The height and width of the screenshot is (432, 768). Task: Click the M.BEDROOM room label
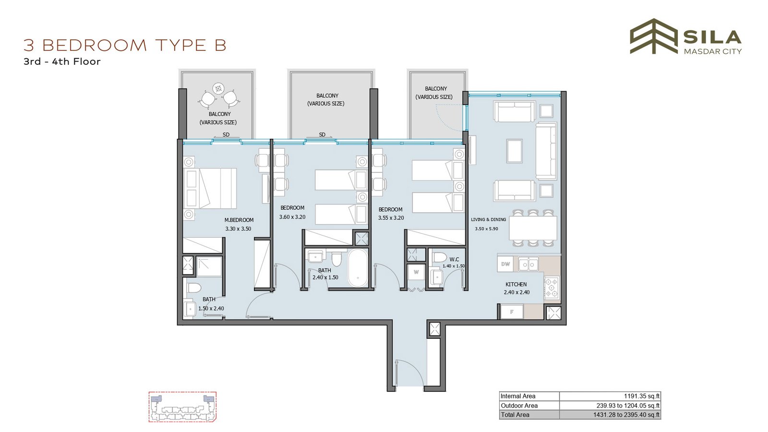pos(239,220)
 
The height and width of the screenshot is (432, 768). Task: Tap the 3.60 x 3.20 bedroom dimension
pos(292,217)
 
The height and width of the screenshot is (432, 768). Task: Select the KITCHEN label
pos(516,284)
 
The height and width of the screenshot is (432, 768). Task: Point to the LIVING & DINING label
pos(488,219)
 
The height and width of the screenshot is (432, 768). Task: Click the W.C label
pos(454,260)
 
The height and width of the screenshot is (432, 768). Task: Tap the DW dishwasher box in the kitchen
pos(505,264)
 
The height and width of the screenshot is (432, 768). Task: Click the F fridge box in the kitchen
pos(512,312)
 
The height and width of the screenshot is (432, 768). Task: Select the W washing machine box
pos(416,273)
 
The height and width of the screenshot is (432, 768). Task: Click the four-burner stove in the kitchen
pos(552,288)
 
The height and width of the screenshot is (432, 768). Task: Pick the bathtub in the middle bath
pos(358,268)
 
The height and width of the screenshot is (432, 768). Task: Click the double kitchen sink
pos(528,264)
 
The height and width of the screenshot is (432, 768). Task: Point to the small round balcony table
pos(218,88)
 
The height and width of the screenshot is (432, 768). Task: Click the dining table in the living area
pos(533,228)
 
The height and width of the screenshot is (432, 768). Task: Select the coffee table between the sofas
pos(514,151)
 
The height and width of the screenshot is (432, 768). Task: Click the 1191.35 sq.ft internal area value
pos(641,396)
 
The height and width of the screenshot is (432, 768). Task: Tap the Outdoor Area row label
pos(519,406)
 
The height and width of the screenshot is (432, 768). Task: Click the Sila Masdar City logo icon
pos(654,36)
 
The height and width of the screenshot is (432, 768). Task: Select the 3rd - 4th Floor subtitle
pos(62,62)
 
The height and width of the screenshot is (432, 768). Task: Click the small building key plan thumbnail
pos(182,407)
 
